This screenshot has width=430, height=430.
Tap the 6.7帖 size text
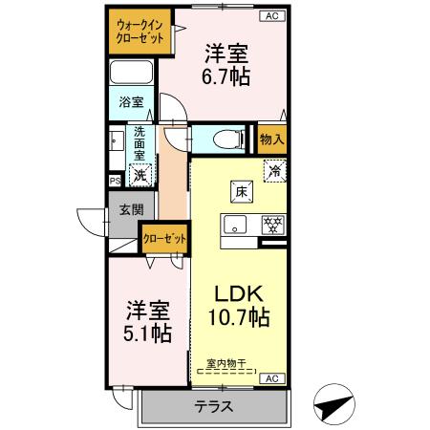(226, 75)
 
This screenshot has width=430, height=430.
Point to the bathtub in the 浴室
(132, 74)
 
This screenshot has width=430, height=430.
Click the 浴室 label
(131, 102)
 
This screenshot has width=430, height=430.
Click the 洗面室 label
(140, 142)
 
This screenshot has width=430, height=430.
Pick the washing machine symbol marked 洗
(140, 175)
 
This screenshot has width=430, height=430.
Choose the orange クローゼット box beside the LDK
(163, 238)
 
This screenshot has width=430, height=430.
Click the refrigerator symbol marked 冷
(273, 173)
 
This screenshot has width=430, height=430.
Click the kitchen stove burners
(272, 226)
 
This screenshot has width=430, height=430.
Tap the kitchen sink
(234, 226)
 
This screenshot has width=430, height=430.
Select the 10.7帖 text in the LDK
(240, 316)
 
